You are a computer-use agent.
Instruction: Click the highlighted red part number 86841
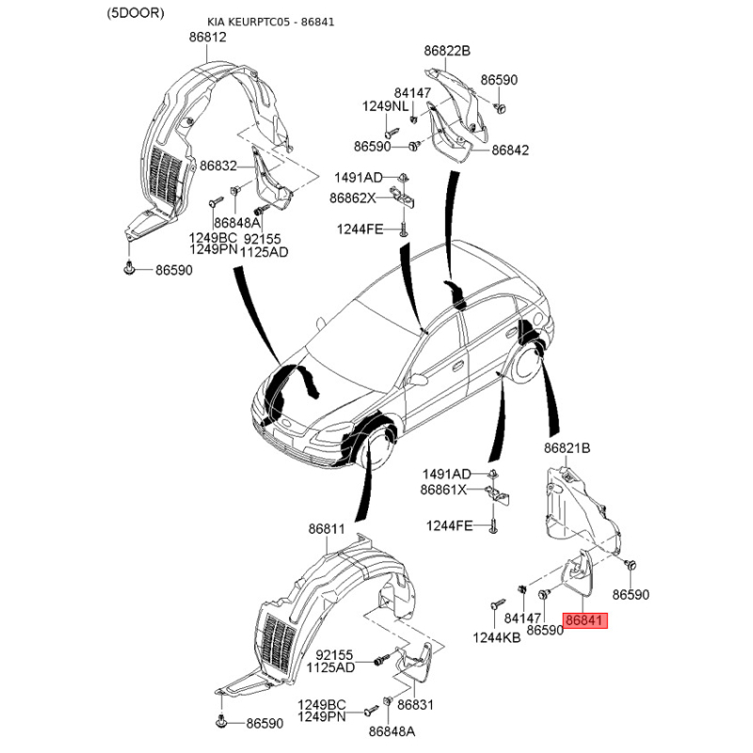585,620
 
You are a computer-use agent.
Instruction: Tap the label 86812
207,37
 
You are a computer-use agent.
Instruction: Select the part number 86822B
447,51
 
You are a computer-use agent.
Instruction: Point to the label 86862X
353,198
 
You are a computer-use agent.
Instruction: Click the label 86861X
443,489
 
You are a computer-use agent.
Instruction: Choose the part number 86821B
568,448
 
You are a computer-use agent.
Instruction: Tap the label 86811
327,529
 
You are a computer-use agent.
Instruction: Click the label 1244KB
497,637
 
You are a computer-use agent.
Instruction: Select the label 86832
218,166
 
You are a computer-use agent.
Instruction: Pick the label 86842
510,151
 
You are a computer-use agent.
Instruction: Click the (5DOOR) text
136,13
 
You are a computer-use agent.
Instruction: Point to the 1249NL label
385,106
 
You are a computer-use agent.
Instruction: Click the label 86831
415,704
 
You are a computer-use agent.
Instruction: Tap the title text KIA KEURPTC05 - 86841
271,22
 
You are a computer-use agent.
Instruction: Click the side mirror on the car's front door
417,380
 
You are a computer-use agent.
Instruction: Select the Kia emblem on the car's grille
286,423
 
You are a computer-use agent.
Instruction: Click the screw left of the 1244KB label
497,604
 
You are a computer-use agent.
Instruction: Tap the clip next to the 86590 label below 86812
129,268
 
